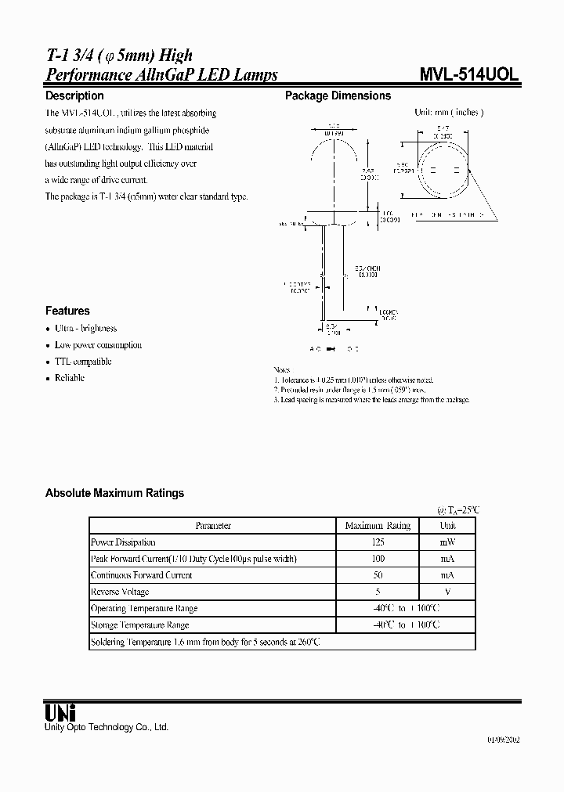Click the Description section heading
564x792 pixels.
pos(74,95)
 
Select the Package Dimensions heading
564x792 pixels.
pos(338,95)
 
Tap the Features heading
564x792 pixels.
pos(67,311)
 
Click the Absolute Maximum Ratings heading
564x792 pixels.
pos(114,493)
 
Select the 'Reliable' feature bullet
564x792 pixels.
pos(70,378)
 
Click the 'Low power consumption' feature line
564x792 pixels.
pos(98,345)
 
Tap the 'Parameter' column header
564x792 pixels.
pos(213,526)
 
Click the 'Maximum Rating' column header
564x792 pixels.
pos(378,526)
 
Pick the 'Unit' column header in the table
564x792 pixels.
pos(447,526)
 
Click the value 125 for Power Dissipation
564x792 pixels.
pos(378,542)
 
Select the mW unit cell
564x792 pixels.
pos(447,542)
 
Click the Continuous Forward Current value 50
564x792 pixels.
pos(378,575)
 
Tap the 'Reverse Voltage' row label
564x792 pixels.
pos(120,592)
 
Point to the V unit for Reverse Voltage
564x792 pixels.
pos(447,592)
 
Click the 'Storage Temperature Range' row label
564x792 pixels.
pos(139,625)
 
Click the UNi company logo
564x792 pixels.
pos(60,713)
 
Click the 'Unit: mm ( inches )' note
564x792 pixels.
pos(449,113)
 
